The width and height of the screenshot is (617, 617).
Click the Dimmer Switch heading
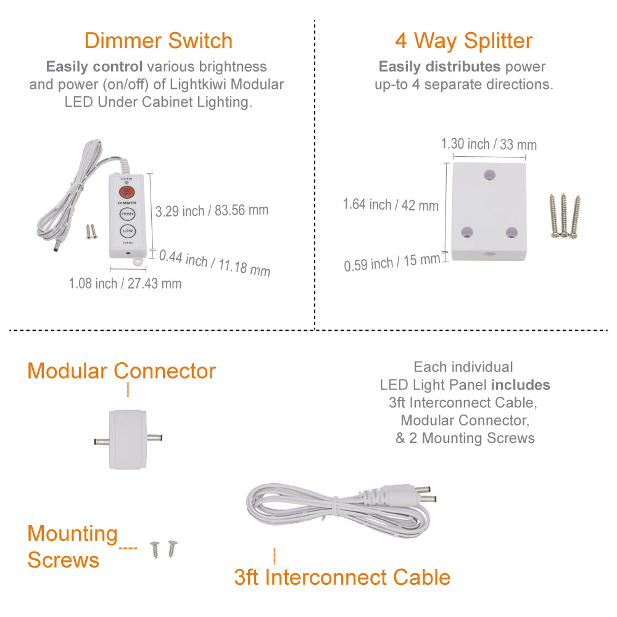[x=159, y=41]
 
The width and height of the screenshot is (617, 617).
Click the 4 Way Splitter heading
[x=463, y=41]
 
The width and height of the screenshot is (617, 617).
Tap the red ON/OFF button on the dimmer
[x=127, y=192]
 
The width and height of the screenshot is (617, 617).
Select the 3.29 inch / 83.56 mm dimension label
[x=212, y=210]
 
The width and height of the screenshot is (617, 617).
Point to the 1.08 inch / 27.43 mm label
[x=125, y=284]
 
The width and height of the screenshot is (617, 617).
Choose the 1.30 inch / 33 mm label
[x=489, y=144]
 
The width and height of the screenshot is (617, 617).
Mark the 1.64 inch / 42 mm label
[x=391, y=204]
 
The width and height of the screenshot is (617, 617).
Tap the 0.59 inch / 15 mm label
[x=392, y=263]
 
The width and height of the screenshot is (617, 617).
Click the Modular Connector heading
[x=122, y=371]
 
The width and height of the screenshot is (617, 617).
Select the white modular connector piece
[x=128, y=439]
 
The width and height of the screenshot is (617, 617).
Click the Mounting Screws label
[x=72, y=547]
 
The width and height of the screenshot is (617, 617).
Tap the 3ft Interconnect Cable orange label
[x=342, y=578]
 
